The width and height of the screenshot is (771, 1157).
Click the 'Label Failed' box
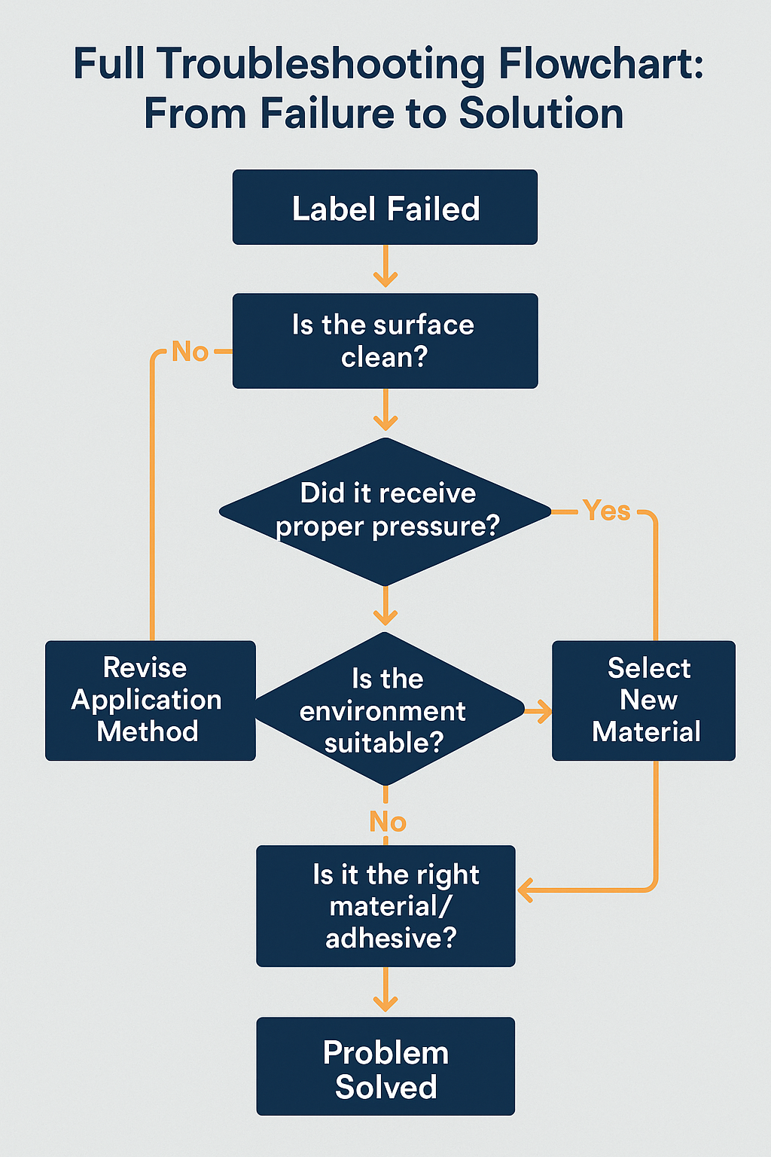[x=385, y=207]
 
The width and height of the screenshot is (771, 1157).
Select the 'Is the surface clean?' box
[x=385, y=340]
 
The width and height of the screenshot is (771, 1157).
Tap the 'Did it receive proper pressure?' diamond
[x=385, y=511]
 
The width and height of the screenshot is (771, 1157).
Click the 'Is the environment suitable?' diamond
[x=385, y=710]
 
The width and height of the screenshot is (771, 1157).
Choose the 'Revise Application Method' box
[x=150, y=700]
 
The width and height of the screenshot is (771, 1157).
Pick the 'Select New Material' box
[x=644, y=700]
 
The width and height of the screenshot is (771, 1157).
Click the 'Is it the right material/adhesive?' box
[x=385, y=905]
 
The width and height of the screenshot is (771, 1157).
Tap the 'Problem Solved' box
[x=385, y=1066]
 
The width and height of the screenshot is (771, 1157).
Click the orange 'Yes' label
[x=606, y=511]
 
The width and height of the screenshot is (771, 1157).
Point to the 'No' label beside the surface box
[x=190, y=352]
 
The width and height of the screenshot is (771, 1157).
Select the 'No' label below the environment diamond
[x=388, y=822]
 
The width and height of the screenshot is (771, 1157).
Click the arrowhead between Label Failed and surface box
[x=385, y=279]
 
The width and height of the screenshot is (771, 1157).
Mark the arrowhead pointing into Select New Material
[x=544, y=710]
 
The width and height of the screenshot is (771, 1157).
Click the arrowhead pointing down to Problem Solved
[x=385, y=1003]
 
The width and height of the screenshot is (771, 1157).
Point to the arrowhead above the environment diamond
[x=385, y=617]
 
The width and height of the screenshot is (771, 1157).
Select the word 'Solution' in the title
[x=541, y=114]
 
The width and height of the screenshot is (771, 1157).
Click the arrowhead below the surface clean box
[x=385, y=422]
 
